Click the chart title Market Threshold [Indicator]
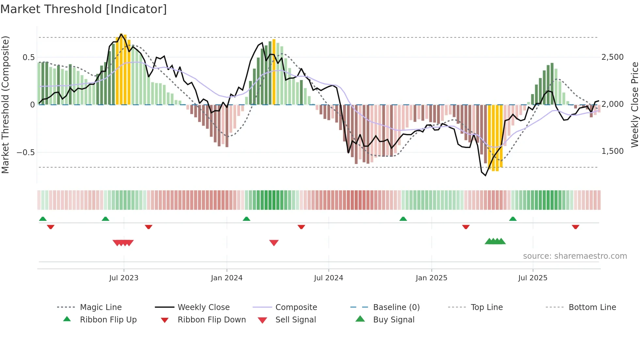coord(84,9)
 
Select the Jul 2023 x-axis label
coord(124,278)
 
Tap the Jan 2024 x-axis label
coord(227,278)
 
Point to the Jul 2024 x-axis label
coord(328,278)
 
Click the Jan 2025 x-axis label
coord(431,278)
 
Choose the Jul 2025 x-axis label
coord(533,278)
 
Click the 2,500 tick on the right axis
coord(613,57)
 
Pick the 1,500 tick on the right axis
coord(613,151)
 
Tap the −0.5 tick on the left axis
coord(25,153)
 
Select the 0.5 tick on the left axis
coord(28,57)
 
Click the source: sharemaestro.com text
coord(575,256)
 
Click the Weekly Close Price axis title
coord(634,105)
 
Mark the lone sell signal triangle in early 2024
coord(274,243)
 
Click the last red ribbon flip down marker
coord(576,227)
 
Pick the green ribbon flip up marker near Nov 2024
coord(403,219)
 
